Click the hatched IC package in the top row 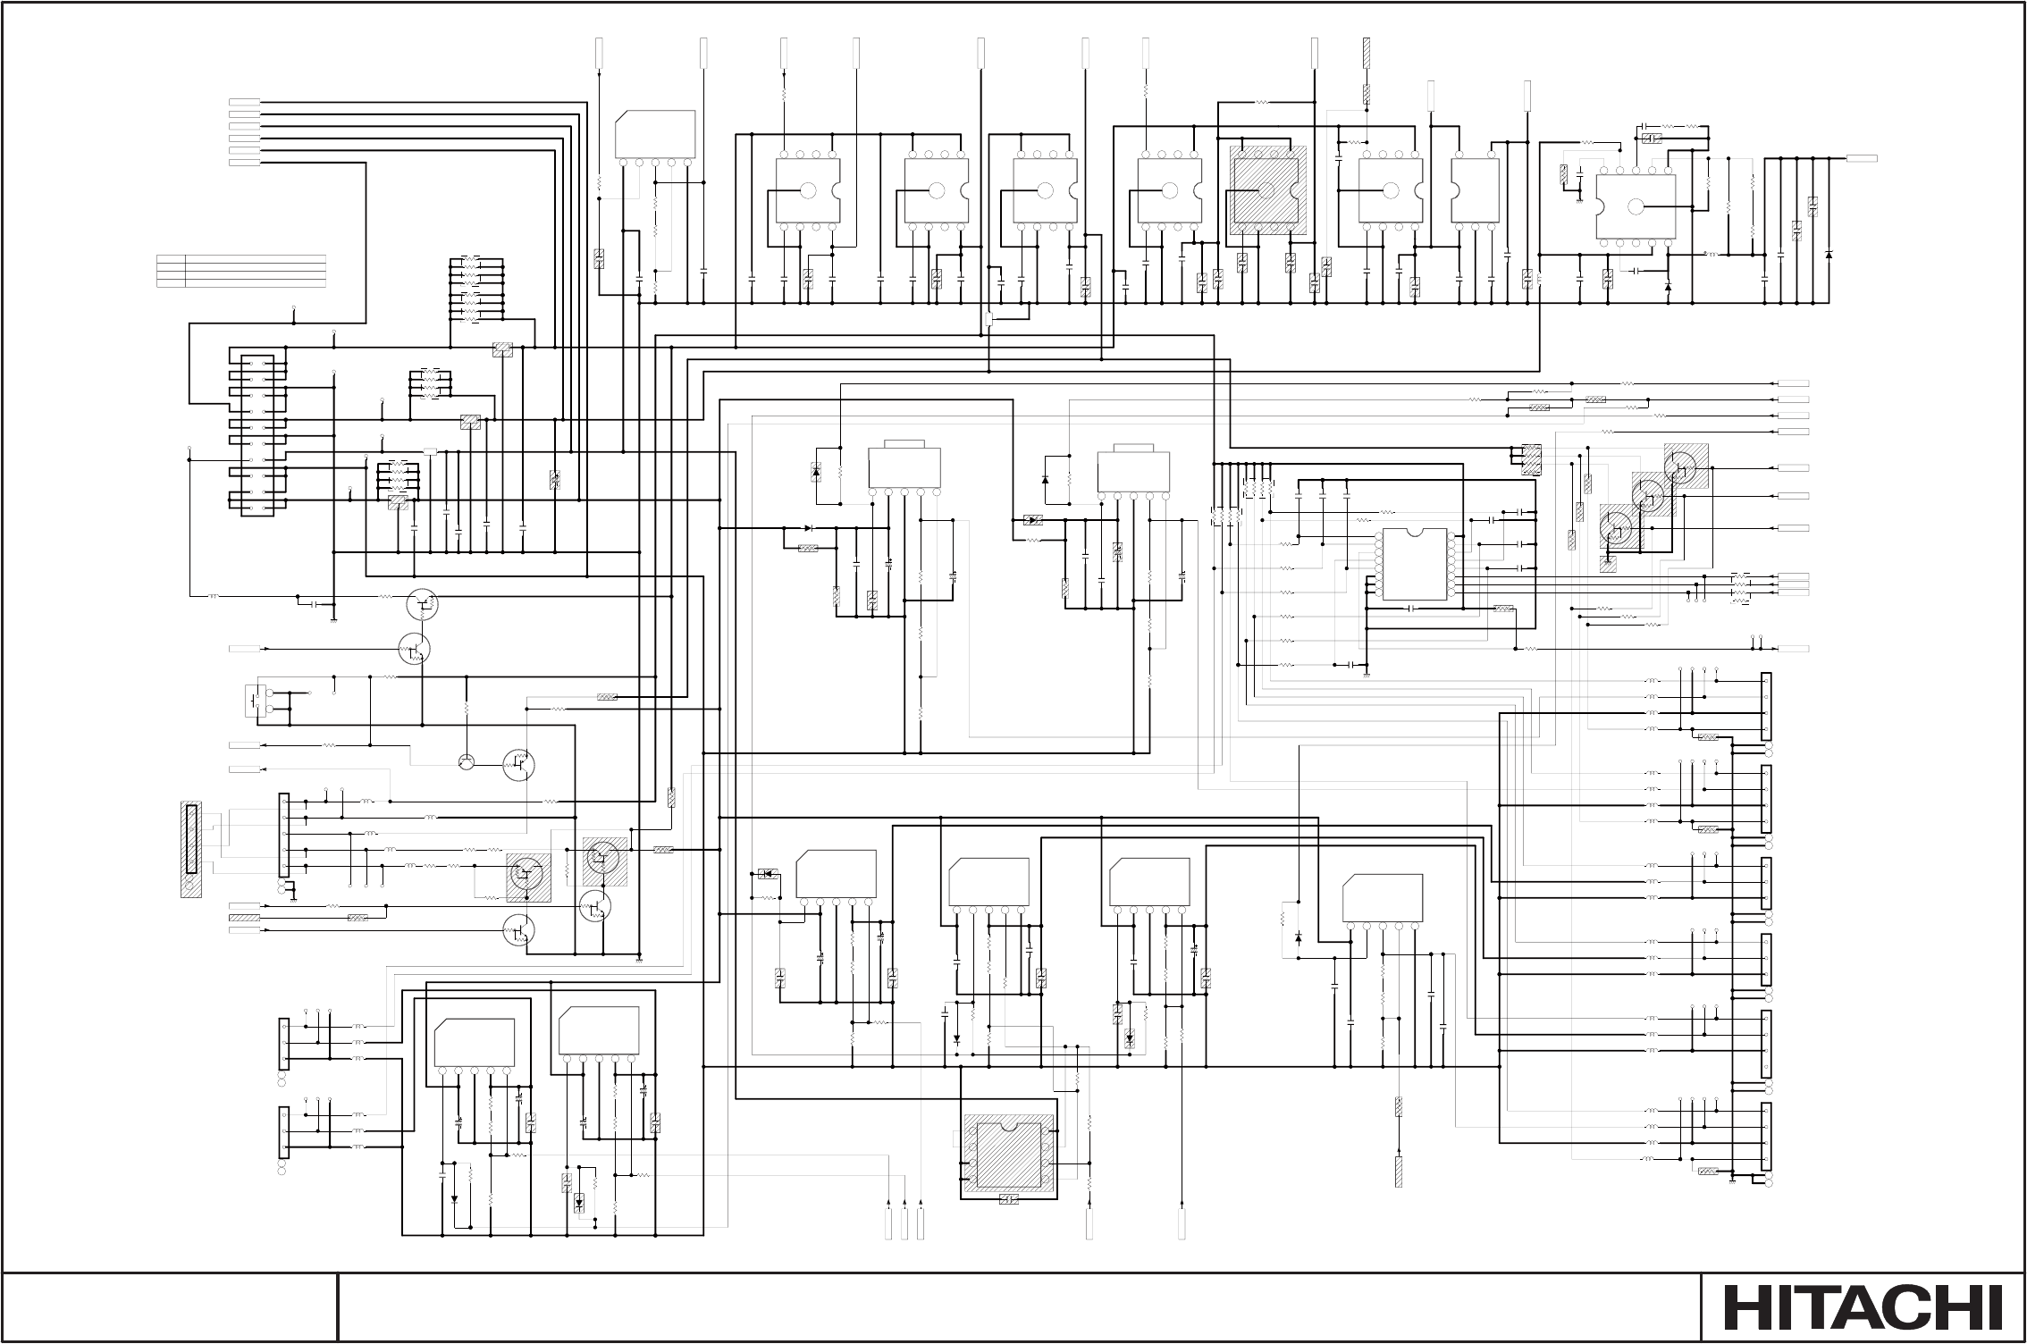click(1267, 190)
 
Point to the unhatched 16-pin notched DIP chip click(1414, 564)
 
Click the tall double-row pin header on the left click(257, 435)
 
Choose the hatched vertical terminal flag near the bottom click(1399, 1172)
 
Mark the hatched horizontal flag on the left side click(244, 918)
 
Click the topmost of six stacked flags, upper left click(244, 103)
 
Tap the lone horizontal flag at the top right click(1862, 158)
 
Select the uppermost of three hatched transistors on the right click(1686, 466)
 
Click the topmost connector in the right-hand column click(1765, 707)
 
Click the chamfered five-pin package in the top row click(656, 136)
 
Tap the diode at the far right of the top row click(1829, 255)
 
